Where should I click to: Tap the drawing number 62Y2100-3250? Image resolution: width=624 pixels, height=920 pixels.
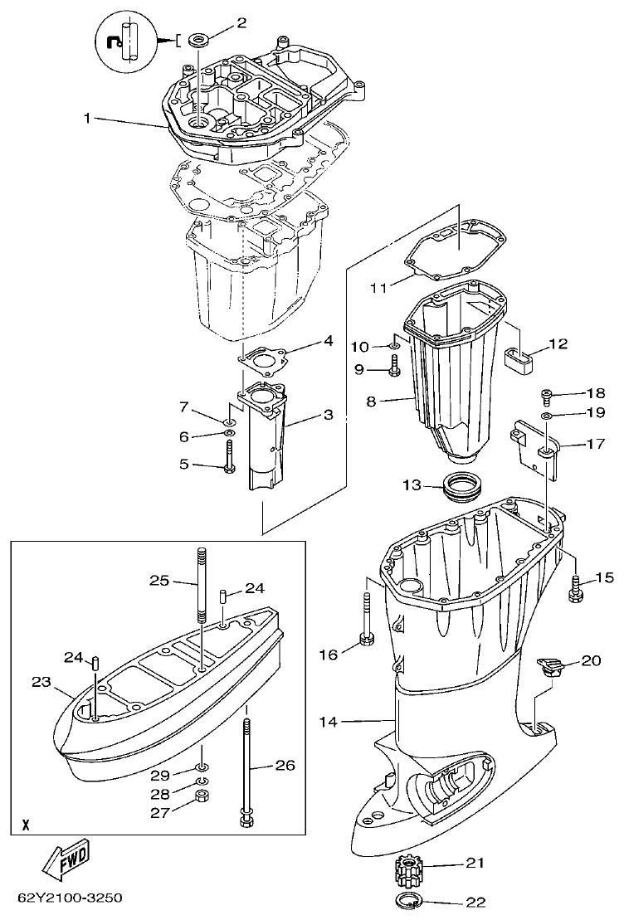pos(70,898)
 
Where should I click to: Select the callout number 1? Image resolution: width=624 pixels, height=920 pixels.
pos(86,119)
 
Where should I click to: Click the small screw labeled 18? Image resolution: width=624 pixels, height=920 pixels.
pos(547,397)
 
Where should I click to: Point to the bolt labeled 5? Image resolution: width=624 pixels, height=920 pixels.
pos(228,457)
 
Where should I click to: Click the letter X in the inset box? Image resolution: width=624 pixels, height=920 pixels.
pos(26,825)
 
